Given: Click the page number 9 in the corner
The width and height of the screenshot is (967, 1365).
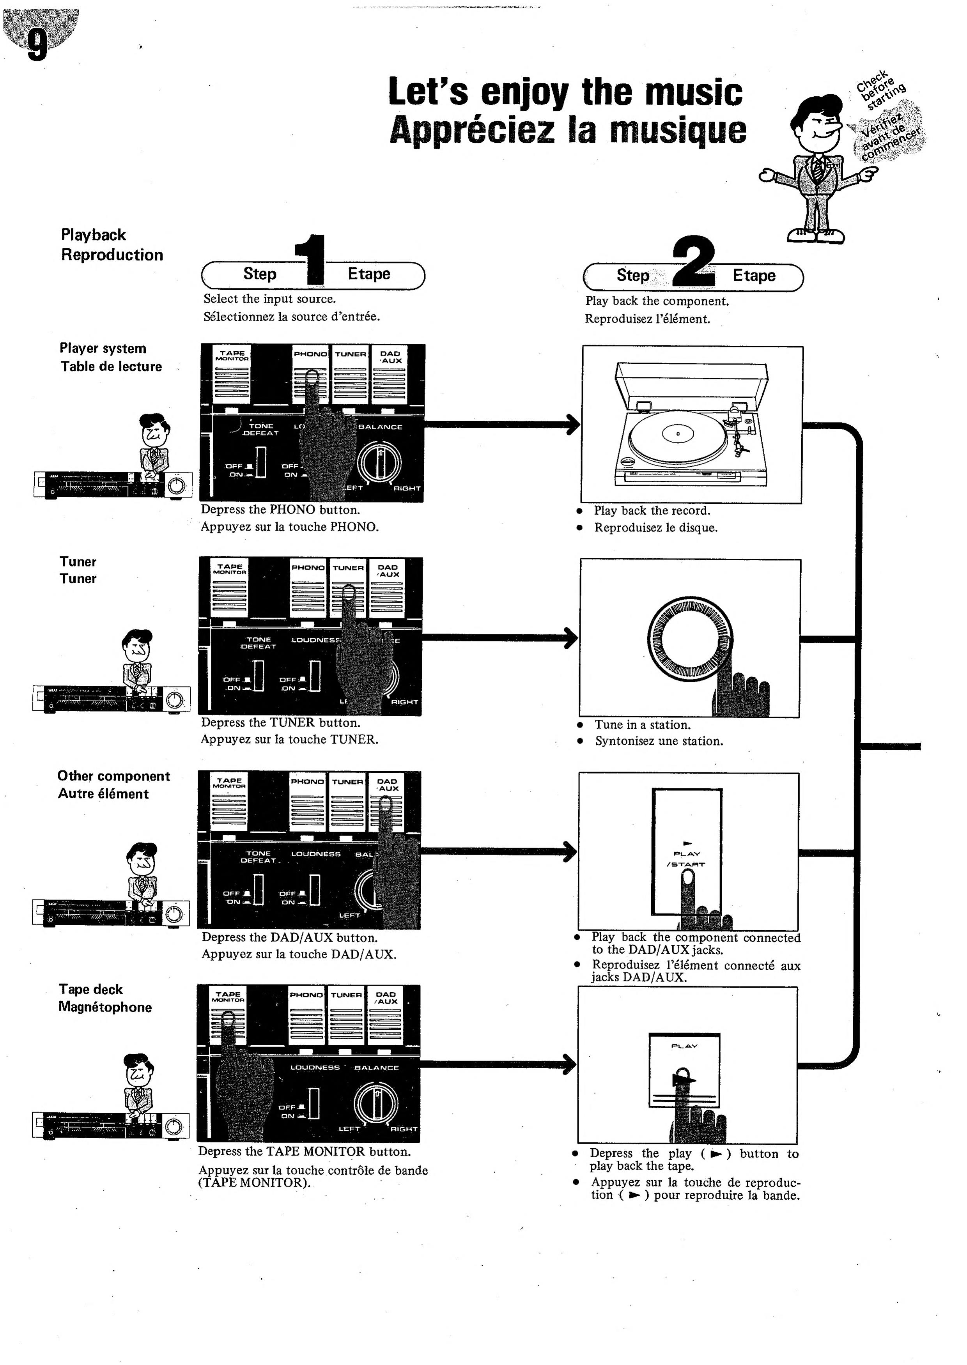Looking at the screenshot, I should coord(37,45).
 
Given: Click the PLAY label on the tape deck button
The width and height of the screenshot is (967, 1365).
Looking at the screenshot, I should coord(684,1046).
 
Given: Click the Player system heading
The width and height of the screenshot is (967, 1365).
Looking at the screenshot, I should coord(103,348).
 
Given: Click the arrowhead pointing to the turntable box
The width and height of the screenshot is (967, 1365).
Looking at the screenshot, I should coord(573,425).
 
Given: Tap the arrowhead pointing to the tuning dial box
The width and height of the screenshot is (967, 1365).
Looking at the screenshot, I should coord(571,638).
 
